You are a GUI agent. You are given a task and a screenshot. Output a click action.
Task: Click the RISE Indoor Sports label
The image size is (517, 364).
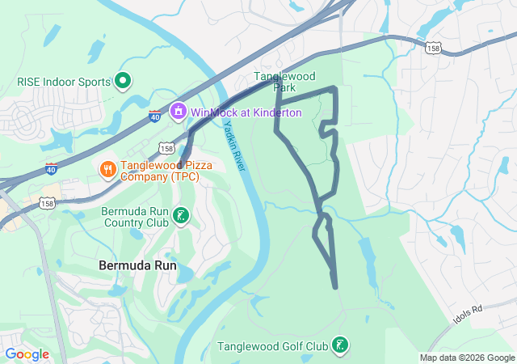pyautogui.click(x=62, y=81)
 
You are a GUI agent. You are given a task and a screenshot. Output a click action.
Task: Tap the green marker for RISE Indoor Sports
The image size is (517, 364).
pyautogui.click(x=123, y=80)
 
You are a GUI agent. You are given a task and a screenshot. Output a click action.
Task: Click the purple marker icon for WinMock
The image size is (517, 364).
pyautogui.click(x=179, y=111)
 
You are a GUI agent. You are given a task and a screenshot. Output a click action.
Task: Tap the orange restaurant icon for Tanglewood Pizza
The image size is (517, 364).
pyautogui.click(x=107, y=169)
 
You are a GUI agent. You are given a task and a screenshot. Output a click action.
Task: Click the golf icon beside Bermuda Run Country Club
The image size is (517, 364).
pyautogui.click(x=182, y=216)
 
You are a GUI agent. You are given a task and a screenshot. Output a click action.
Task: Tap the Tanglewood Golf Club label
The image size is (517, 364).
pyautogui.click(x=273, y=346)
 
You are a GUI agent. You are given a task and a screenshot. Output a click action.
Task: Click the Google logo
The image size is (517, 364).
pyautogui.click(x=27, y=354)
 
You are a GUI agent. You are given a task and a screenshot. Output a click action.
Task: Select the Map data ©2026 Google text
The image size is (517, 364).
pyautogui.click(x=466, y=358)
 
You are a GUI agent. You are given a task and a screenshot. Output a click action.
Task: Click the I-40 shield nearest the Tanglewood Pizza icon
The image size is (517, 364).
pyautogui.click(x=50, y=169)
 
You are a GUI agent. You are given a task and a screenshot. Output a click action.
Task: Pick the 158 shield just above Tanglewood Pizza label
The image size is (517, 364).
pyautogui.click(x=166, y=149)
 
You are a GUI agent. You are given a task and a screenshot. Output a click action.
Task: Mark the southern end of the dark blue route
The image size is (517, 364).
pyautogui.click(x=334, y=286)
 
